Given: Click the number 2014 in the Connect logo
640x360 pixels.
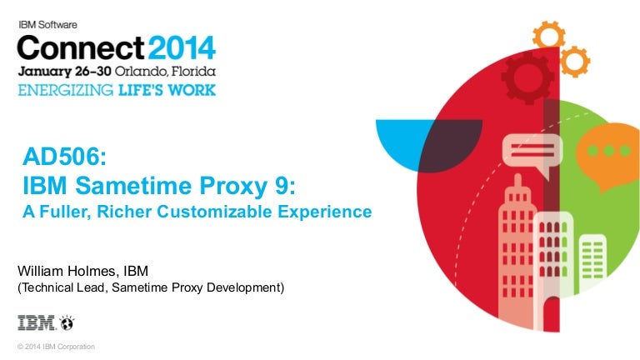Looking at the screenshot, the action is [x=182, y=47].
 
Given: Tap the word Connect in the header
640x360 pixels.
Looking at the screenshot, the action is [x=80, y=47].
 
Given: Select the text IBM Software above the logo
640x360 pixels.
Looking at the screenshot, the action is [x=47, y=24].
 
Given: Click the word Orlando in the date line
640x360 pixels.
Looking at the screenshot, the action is [x=141, y=72].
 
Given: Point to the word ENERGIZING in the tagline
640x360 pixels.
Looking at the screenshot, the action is [x=65, y=90].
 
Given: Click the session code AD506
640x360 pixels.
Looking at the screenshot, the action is [x=64, y=157].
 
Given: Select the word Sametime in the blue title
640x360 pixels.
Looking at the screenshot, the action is [x=133, y=186].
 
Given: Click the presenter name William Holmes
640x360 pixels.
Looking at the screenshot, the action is [x=67, y=271].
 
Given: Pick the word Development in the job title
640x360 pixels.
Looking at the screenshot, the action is [x=243, y=287].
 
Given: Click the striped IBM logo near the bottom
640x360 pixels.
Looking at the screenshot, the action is [x=36, y=322].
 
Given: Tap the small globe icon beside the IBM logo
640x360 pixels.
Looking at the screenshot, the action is [x=67, y=322].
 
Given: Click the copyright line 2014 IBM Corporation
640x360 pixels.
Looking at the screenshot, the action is [x=56, y=347].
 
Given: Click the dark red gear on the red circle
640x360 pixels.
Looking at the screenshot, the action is [x=527, y=77].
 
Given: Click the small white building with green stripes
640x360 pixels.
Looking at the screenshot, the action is [x=592, y=261].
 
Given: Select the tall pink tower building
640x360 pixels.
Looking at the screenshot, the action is [x=517, y=253].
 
